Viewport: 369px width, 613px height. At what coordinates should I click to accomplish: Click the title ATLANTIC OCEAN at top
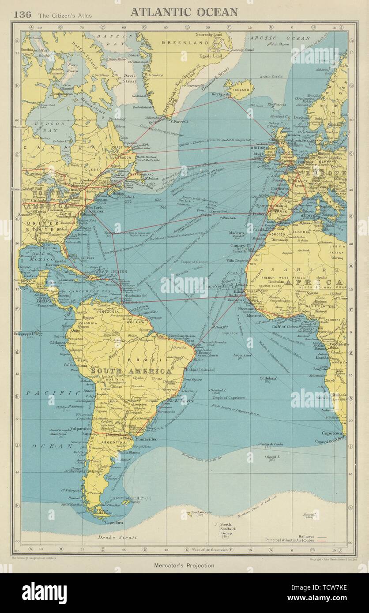tap(184, 12)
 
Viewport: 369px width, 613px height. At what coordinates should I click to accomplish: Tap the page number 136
tap(22, 14)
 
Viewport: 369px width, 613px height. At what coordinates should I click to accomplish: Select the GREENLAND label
tap(178, 43)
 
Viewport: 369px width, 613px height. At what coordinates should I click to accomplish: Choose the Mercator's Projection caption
tap(184, 565)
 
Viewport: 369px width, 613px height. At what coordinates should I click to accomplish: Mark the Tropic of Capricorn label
tap(228, 397)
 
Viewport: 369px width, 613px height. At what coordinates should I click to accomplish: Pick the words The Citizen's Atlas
tap(65, 15)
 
